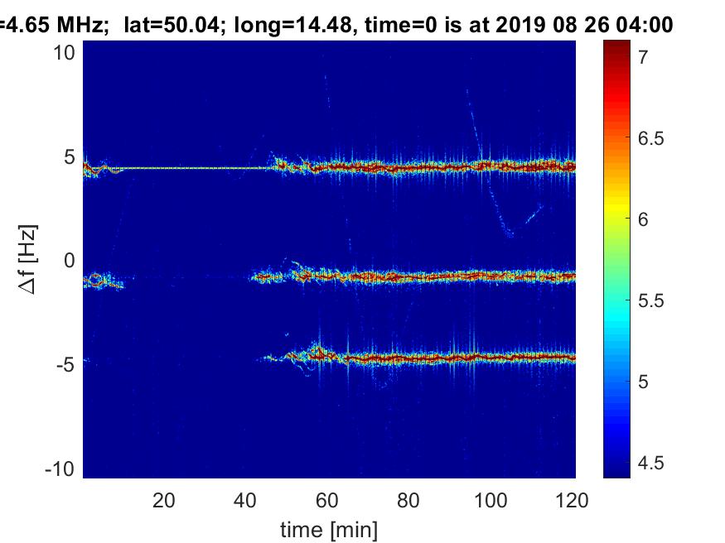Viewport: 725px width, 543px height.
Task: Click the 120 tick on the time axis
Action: tap(572, 500)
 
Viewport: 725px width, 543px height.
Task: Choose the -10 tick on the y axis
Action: tap(63, 468)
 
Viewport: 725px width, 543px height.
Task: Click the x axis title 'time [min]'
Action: tap(330, 528)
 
